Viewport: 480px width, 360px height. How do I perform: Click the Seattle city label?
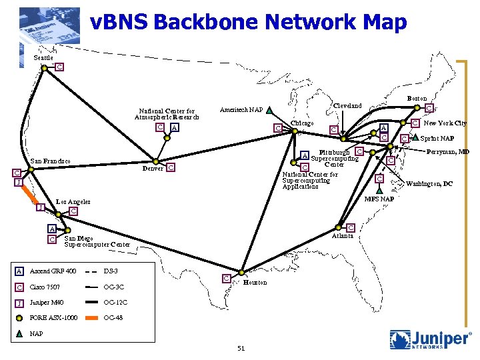coord(43,57)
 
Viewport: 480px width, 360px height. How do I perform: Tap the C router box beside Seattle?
coord(59,67)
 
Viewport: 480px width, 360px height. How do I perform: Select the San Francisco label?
coord(52,161)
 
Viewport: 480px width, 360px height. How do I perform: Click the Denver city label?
coord(153,168)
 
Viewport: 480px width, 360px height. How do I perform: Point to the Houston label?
coord(255,283)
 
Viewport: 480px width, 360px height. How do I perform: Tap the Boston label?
coord(417,99)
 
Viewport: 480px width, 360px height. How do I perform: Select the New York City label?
coord(445,123)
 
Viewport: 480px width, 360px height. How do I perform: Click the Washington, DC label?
coord(429,183)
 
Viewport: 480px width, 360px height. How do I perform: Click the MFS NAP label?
coord(379,199)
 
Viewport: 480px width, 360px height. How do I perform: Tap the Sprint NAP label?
coord(437,139)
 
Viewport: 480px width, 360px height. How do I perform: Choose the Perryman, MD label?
coord(449,152)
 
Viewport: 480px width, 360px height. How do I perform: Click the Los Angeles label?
coord(73,201)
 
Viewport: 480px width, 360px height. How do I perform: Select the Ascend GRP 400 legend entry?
coord(53,271)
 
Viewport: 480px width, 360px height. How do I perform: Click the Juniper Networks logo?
coord(431,339)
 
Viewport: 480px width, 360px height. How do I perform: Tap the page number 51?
coord(241,348)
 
